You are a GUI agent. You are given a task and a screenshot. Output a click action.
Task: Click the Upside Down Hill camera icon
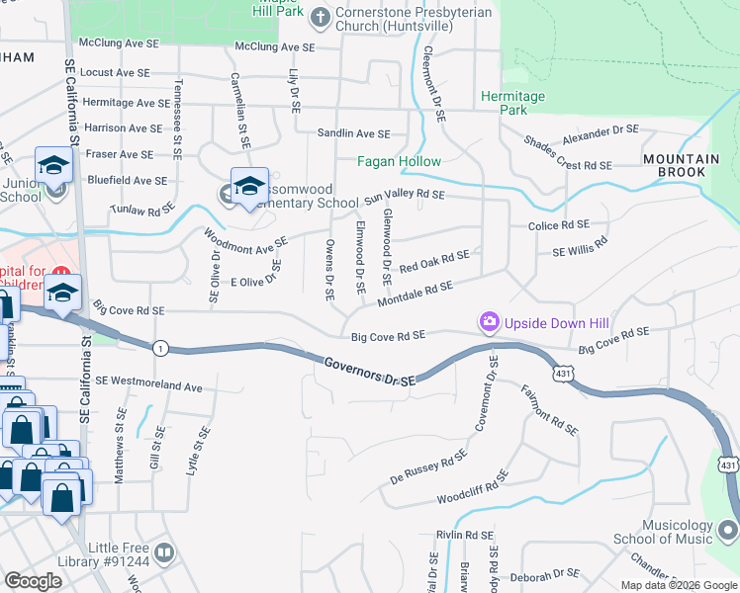[x=489, y=322]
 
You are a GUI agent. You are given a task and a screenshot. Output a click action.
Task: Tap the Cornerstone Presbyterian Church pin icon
[x=320, y=16]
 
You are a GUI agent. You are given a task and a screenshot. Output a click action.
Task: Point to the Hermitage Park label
[x=512, y=103]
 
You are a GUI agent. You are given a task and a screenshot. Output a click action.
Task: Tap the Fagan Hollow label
[x=399, y=160]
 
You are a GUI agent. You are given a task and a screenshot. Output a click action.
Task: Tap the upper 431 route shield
[x=563, y=374]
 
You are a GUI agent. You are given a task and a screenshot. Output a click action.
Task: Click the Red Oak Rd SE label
[x=433, y=261]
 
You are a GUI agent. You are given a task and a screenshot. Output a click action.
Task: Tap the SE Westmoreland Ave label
[x=148, y=383]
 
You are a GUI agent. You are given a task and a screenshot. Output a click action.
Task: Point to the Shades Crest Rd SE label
[x=570, y=154]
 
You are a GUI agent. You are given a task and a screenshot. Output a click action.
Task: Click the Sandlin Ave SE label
[x=353, y=133]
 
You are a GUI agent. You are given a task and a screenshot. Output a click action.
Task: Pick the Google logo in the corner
[x=34, y=581]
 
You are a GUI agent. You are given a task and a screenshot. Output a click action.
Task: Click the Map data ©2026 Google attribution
[x=678, y=585]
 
